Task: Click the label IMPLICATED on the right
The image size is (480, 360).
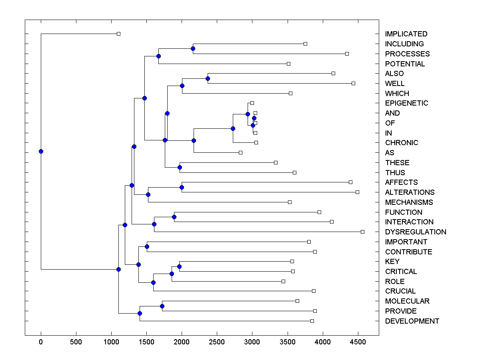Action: point(406,34)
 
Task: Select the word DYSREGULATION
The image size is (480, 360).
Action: point(415,232)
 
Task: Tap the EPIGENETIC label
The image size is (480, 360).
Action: point(406,103)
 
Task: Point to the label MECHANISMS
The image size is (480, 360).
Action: point(408,202)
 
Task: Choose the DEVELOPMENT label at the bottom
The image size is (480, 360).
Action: point(412,321)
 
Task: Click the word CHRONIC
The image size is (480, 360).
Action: point(401,143)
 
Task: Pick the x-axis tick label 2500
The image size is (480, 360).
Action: point(217,342)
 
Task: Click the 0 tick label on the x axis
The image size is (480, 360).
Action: point(41,342)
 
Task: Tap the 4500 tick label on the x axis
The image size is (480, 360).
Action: point(358,342)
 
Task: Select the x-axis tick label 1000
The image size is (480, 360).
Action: point(111,342)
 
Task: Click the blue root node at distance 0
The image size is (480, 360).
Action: point(41,151)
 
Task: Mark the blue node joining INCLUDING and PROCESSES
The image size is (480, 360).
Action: point(193,48)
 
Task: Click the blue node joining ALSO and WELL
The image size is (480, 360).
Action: point(208,78)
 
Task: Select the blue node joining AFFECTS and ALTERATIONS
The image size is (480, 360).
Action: point(182,187)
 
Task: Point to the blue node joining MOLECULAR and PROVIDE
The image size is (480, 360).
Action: point(162,306)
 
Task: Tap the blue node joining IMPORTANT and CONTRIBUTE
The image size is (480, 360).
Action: point(147,246)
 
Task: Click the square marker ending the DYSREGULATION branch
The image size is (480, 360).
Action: point(362,232)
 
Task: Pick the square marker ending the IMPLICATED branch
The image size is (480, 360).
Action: point(118,34)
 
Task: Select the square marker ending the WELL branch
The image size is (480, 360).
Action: point(353,83)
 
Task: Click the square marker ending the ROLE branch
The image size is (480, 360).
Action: point(283,281)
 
